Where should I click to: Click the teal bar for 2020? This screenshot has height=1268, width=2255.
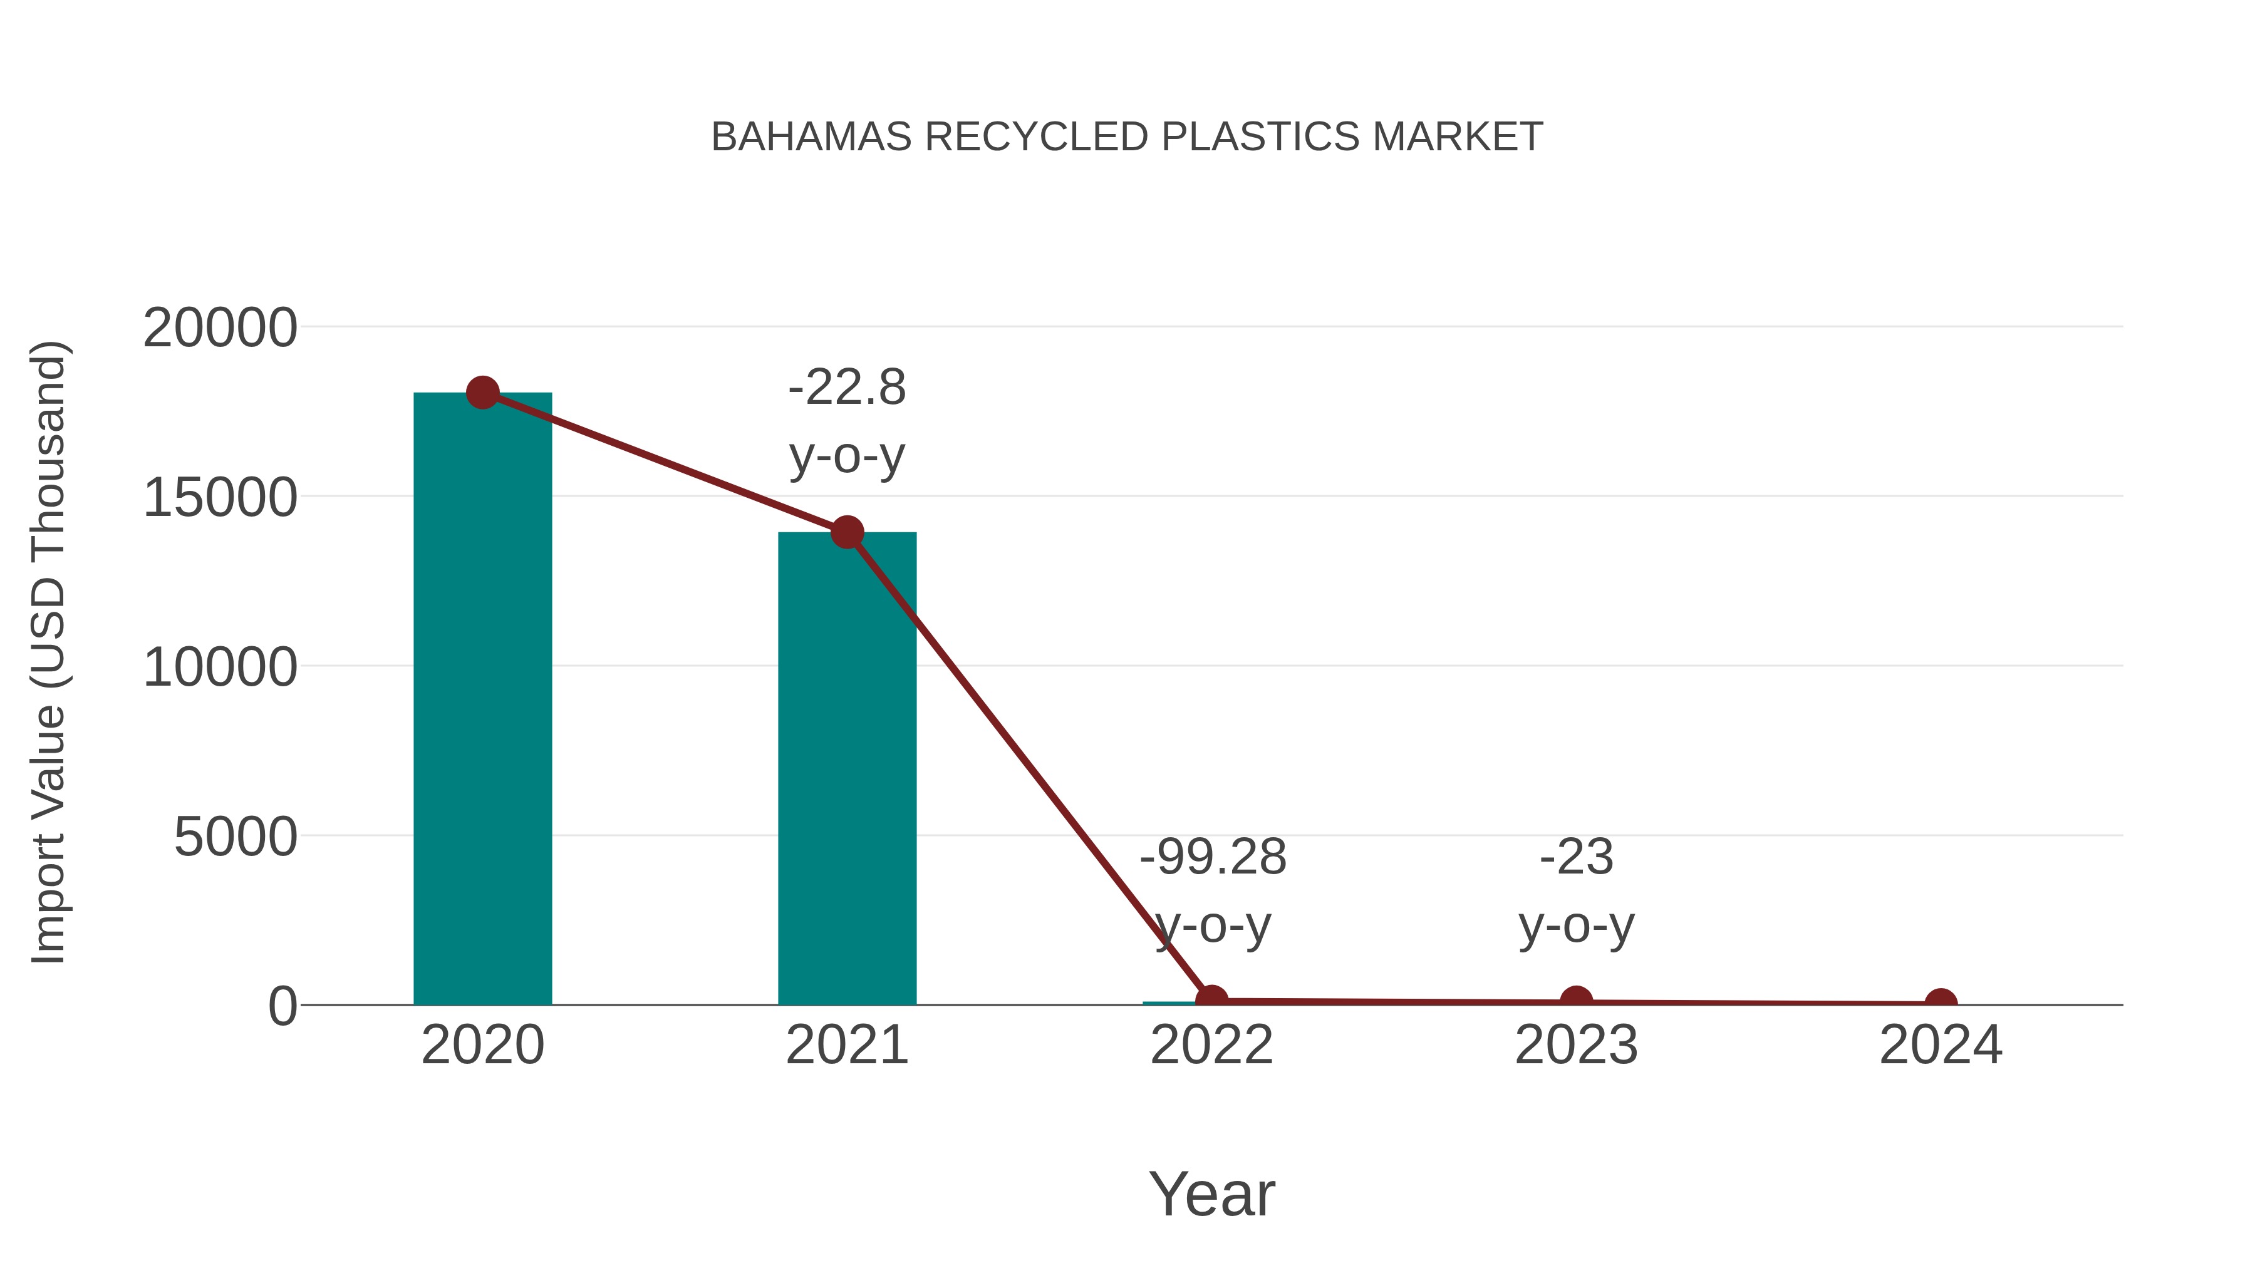click(482, 700)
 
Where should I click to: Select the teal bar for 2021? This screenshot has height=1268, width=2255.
click(846, 770)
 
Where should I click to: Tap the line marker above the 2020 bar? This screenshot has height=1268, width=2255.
click(482, 393)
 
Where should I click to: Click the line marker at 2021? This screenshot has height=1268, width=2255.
click(846, 532)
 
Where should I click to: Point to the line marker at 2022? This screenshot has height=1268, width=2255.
click(1211, 999)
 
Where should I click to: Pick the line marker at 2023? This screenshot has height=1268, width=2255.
click(1576, 1001)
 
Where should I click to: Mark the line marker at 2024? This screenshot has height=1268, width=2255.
click(1941, 1003)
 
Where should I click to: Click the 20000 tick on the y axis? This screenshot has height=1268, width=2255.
click(220, 329)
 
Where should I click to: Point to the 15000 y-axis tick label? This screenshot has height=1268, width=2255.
click(220, 499)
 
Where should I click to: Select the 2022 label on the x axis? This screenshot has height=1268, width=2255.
click(1211, 1046)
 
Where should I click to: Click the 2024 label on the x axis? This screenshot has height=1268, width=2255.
click(1941, 1046)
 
